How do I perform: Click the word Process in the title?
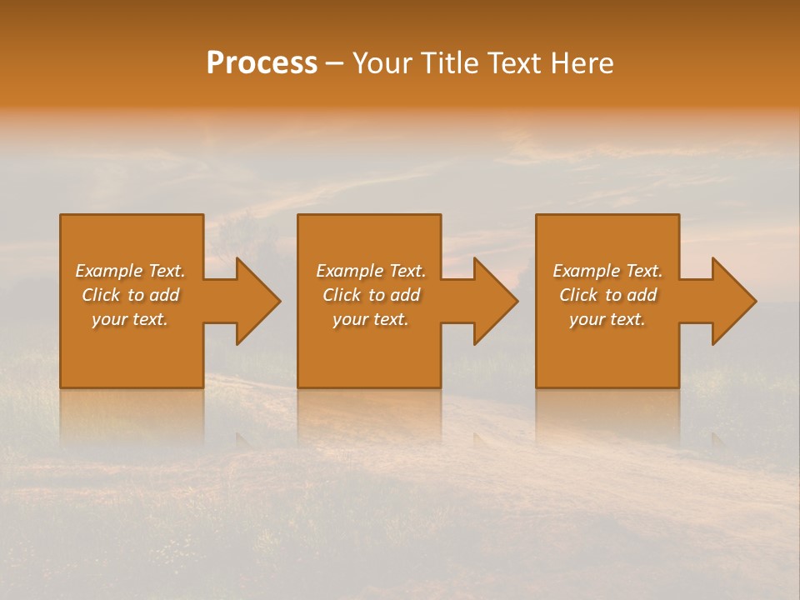coord(262,63)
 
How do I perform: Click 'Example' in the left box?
coord(108,271)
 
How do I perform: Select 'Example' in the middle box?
coord(349,271)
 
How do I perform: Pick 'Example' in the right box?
coord(586,271)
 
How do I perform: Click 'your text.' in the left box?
coord(130,319)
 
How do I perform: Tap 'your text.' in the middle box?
coord(370,319)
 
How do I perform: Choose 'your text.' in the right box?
coord(607,319)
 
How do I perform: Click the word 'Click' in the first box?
coord(100,295)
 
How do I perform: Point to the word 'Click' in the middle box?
coord(341,295)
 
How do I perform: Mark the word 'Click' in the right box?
coord(577,295)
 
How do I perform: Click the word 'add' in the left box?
coord(164,295)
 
